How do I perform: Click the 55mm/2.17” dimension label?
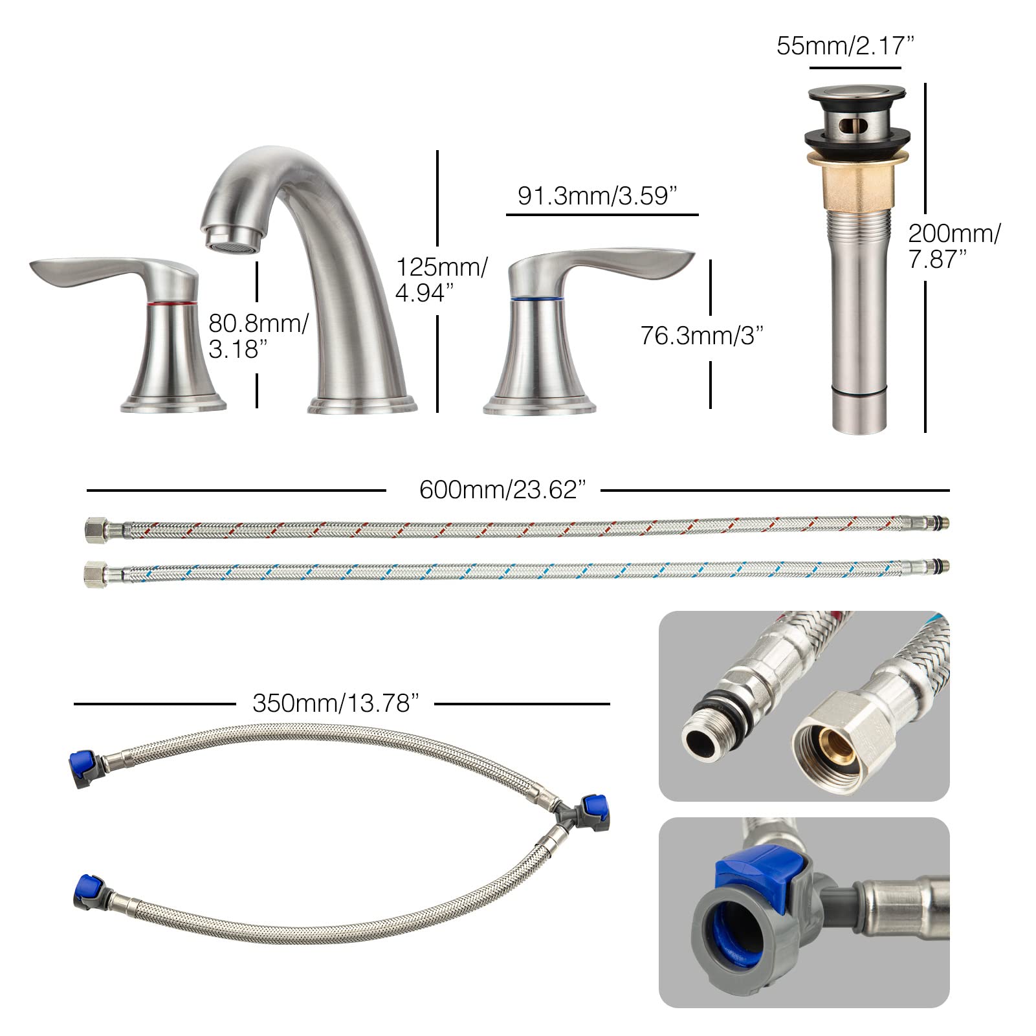[845, 46]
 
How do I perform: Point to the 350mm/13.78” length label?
[336, 703]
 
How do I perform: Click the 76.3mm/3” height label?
[702, 335]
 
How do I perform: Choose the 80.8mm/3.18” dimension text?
[258, 336]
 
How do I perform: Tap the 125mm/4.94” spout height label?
[441, 280]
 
